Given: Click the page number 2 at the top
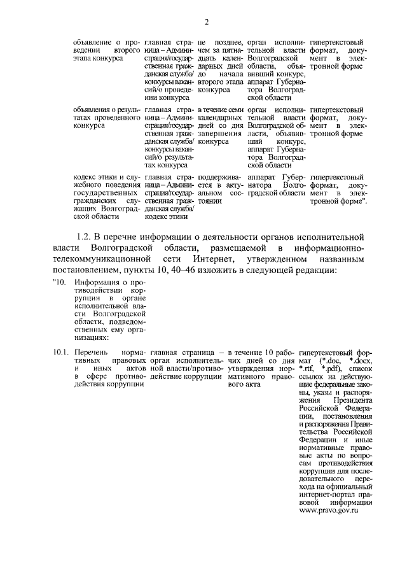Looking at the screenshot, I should (x=207, y=24).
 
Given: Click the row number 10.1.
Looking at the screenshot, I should (x=60, y=351).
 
